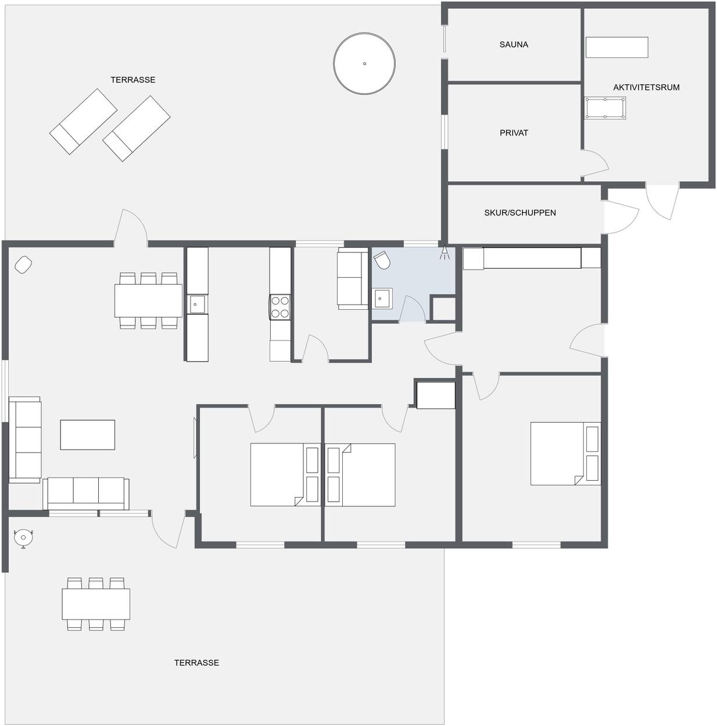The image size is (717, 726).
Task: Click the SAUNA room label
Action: pos(514,44)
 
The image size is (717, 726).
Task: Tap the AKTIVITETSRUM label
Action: pos(646,87)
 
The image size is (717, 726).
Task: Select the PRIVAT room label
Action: pos(514,133)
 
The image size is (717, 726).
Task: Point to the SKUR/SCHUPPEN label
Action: pos(520,213)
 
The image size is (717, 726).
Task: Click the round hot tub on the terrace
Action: pos(364,64)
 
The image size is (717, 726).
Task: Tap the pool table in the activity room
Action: pos(605,108)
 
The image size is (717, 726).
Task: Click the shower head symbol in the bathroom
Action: pos(444,252)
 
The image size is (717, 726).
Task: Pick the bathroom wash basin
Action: pos(382,299)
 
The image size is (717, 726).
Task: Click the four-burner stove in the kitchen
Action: pos(280,307)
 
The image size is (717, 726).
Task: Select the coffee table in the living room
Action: pos(87,435)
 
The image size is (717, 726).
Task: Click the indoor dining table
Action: pos(148,301)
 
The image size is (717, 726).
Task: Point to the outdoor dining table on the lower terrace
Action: pos(96,604)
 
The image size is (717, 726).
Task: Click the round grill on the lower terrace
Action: pos(24,538)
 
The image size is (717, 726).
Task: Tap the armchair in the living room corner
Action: pos(23,264)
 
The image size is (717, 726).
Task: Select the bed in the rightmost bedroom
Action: pos(565,453)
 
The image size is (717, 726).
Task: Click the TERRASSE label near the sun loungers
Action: pos(132,80)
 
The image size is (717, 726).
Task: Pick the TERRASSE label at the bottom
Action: pos(196,663)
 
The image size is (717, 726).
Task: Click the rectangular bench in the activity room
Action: pos(617,48)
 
